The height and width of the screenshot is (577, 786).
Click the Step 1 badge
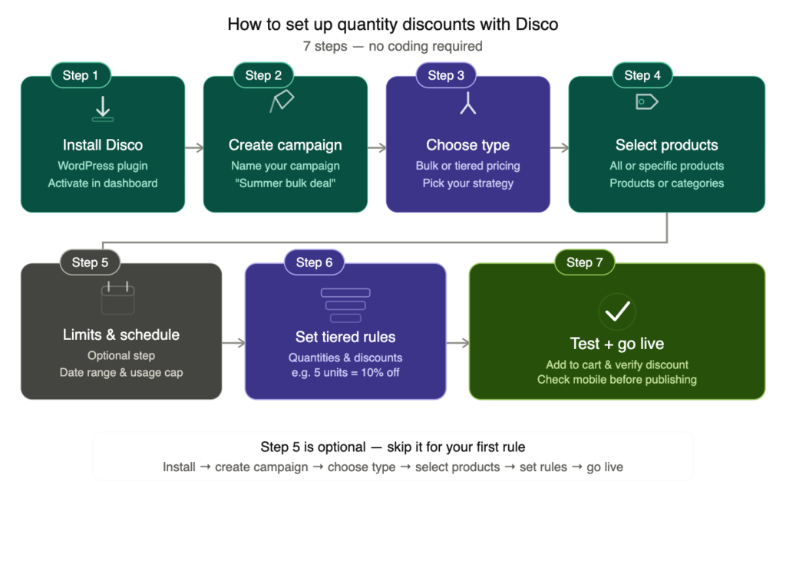coord(81,75)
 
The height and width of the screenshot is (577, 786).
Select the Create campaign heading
coord(286,145)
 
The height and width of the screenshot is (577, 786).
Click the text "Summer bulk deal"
coord(286,183)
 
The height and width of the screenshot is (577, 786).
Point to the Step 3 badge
coord(446,75)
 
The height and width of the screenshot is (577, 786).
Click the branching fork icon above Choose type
coord(468,104)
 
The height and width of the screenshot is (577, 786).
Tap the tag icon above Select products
coord(647,101)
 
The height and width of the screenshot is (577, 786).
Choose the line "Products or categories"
coord(667,183)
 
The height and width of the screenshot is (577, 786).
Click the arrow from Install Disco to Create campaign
coord(194,146)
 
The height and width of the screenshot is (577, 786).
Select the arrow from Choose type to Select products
coord(560,146)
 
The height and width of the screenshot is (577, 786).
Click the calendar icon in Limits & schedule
coord(117,298)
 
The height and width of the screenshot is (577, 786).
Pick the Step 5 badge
coord(90,262)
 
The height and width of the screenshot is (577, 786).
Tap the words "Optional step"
coord(121,356)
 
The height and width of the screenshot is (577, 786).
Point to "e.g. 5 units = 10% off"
coord(345,373)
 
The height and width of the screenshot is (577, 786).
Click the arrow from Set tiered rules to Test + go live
coord(457,343)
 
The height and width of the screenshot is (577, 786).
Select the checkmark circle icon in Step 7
coord(617,311)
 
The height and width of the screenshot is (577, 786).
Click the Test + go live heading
coord(617,344)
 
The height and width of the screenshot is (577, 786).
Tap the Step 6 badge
coord(314,262)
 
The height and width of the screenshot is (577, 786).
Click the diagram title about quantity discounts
coord(393,25)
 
